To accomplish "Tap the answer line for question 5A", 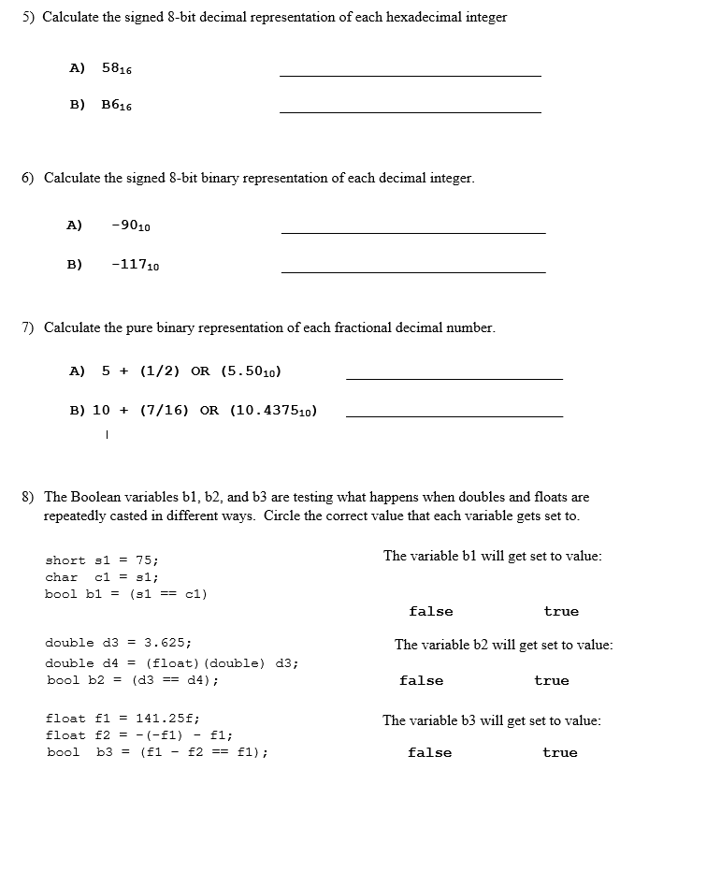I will click(x=410, y=75).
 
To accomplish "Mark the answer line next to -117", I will click(x=412, y=272).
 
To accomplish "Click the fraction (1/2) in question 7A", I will click(x=160, y=371).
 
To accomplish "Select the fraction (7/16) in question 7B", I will click(x=165, y=411).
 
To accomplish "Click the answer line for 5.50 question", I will click(x=454, y=378).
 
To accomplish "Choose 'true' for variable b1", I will click(x=561, y=612).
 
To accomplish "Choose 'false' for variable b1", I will click(x=431, y=612).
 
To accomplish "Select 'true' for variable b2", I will click(x=552, y=681).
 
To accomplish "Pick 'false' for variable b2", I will click(x=422, y=681).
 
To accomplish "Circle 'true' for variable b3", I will click(x=560, y=753).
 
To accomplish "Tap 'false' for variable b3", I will click(x=430, y=753).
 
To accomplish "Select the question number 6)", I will click(x=28, y=178).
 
